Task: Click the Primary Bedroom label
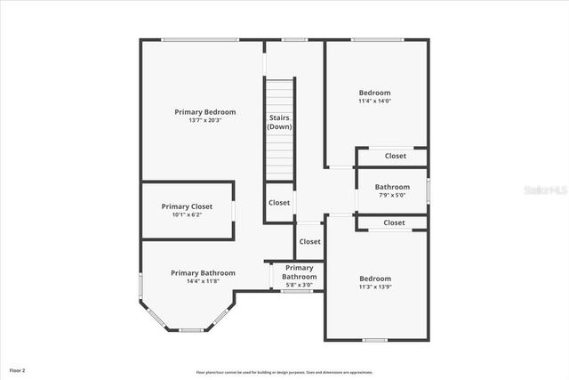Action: pos(205,112)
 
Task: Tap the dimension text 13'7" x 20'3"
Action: pos(205,120)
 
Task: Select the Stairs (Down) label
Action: pos(279,122)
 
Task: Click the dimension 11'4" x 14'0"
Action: pos(374,101)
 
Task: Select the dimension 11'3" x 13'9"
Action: pos(374,287)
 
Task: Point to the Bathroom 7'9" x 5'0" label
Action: pos(392,190)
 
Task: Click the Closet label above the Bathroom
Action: pos(396,156)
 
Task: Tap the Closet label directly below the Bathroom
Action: pos(394,222)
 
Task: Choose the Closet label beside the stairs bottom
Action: pos(279,203)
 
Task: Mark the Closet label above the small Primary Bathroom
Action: pos(309,241)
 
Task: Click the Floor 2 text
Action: pos(18,369)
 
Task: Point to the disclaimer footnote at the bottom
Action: pos(284,372)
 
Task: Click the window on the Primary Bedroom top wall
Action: pos(200,39)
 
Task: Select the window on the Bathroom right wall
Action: pos(428,190)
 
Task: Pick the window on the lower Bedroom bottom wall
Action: pos(375,340)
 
